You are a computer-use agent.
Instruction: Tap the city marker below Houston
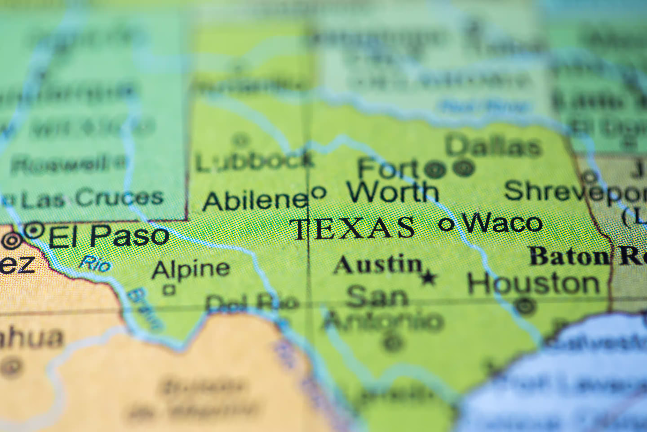(x=525, y=306)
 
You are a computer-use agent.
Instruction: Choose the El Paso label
(x=109, y=236)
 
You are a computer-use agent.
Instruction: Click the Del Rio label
(x=252, y=303)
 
